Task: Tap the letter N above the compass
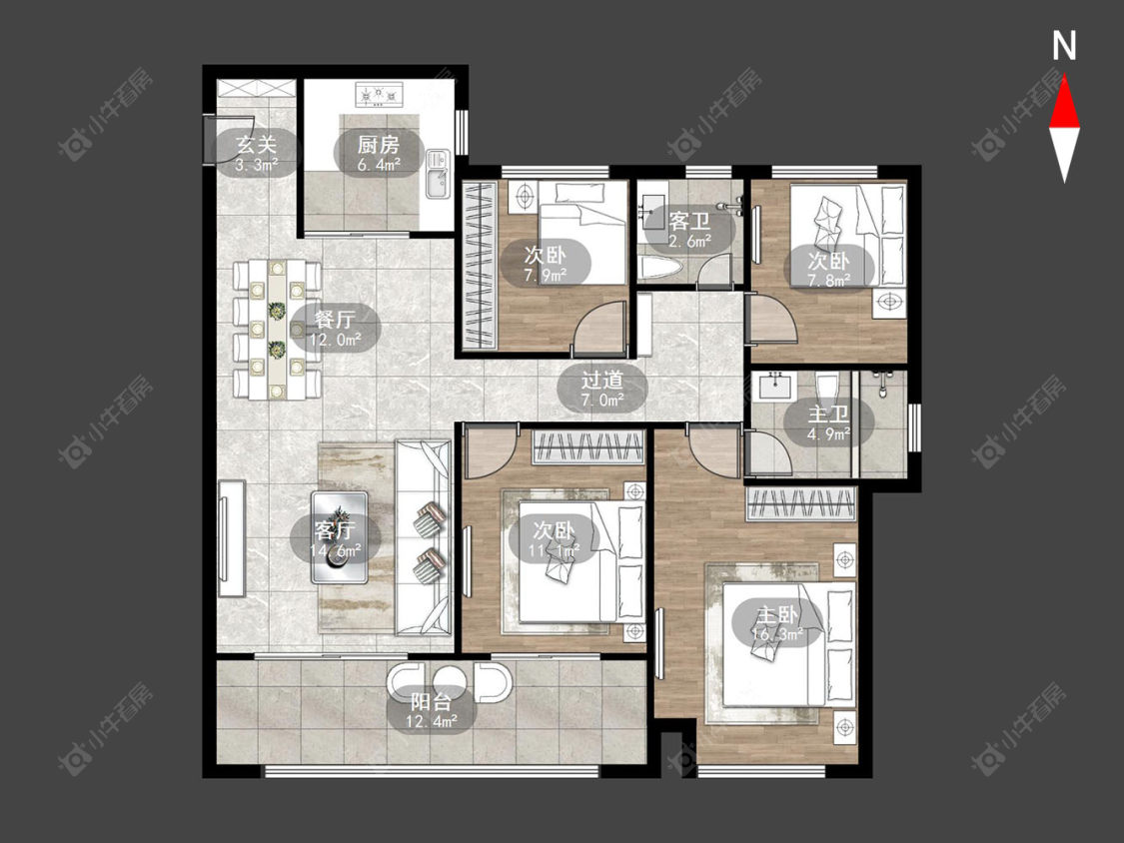click(1064, 46)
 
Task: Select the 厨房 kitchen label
click(379, 144)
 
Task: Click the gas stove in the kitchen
click(380, 94)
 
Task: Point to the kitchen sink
click(437, 174)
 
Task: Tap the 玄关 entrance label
click(257, 144)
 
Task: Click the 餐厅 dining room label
click(335, 318)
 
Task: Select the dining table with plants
click(278, 330)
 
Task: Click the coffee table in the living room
click(339, 537)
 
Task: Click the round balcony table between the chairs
click(450, 683)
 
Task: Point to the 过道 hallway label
click(601, 380)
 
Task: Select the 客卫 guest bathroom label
click(688, 220)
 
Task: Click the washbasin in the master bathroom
click(775, 387)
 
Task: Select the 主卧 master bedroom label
click(777, 614)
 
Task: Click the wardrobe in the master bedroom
click(801, 504)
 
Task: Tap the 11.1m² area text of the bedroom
click(555, 550)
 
